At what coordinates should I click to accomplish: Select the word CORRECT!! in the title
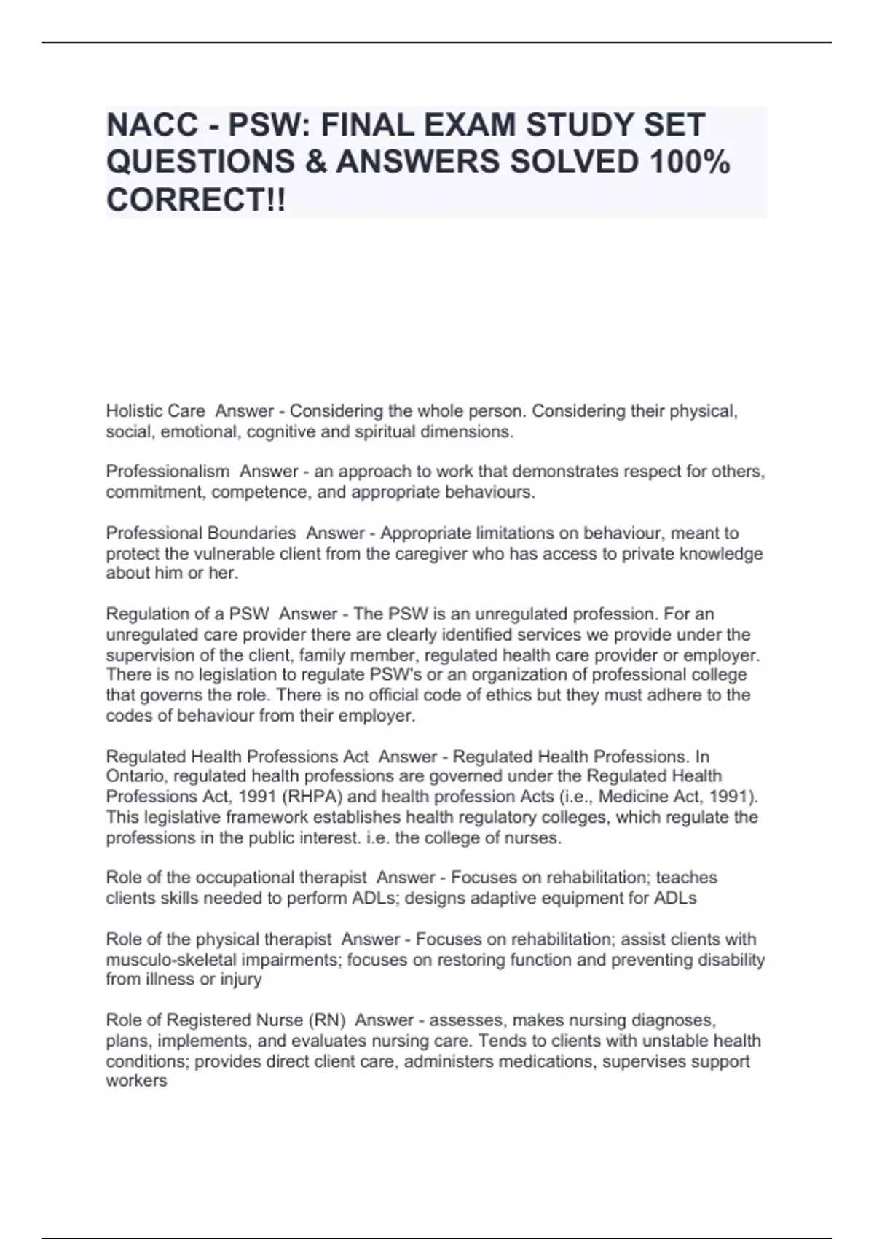click(196, 200)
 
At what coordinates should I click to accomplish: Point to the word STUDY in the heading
click(586, 125)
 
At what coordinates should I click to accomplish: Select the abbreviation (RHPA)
click(315, 796)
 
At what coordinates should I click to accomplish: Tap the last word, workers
click(136, 1081)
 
